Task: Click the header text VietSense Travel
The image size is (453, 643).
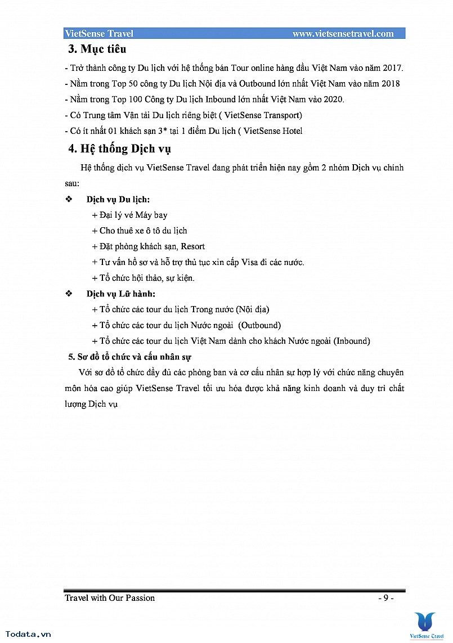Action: pyautogui.click(x=99, y=34)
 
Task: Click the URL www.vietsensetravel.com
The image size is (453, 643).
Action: pyautogui.click(x=343, y=34)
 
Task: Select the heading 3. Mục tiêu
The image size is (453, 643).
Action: pyautogui.click(x=97, y=50)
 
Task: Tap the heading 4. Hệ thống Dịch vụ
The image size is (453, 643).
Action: pyautogui.click(x=119, y=149)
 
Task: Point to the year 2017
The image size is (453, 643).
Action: pyautogui.click(x=393, y=68)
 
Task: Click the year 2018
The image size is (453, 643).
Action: pyautogui.click(x=389, y=84)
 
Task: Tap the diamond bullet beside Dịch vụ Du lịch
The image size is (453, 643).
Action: pyautogui.click(x=69, y=199)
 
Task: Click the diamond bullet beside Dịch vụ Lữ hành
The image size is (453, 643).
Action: pyautogui.click(x=69, y=294)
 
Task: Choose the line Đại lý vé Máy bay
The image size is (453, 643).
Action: pyautogui.click(x=129, y=215)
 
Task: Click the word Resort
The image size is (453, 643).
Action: pyautogui.click(x=192, y=246)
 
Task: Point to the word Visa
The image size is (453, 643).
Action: pyautogui.click(x=250, y=262)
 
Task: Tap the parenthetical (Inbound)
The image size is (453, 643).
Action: pyautogui.click(x=352, y=341)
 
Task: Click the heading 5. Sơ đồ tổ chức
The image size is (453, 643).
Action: pyautogui.click(x=133, y=357)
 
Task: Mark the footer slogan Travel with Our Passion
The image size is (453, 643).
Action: pyautogui.click(x=110, y=598)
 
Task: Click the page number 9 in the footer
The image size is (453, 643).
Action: pyautogui.click(x=385, y=598)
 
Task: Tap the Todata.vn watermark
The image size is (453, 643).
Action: pyautogui.click(x=26, y=634)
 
